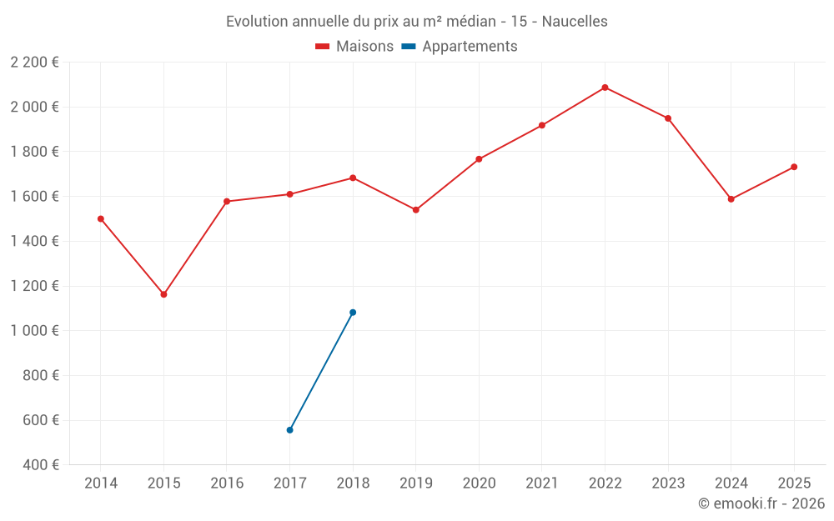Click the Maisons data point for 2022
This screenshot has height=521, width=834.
605,88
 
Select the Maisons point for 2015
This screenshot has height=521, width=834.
163,294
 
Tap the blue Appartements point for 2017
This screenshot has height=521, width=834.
289,430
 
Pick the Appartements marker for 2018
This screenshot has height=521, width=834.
353,313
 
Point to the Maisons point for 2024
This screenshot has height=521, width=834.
731,199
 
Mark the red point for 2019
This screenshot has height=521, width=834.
415,210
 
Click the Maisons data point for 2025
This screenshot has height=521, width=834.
794,167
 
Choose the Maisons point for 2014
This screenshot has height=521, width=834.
101,218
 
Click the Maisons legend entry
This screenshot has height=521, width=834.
354,47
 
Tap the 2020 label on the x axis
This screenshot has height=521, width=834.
479,483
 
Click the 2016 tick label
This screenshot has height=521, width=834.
227,483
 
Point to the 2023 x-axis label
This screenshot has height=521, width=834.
668,483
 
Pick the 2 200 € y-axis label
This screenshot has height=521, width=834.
35,63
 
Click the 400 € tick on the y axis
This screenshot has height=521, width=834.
42,465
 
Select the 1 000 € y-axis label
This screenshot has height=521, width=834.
35,331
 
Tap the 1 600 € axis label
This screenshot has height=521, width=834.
35,197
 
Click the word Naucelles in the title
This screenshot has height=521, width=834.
575,21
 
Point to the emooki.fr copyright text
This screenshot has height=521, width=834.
761,503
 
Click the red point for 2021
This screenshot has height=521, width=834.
542,125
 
